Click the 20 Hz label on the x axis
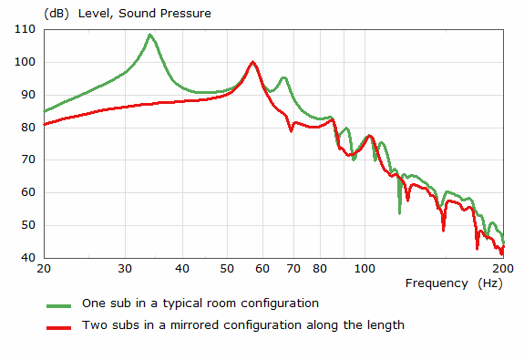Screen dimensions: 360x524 point(44,270)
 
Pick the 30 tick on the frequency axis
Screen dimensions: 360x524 point(125,270)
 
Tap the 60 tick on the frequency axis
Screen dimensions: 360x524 point(262,270)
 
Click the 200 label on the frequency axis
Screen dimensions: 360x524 point(502,270)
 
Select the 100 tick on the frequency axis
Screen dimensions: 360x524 point(365,270)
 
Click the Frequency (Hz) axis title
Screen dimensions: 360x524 point(450,283)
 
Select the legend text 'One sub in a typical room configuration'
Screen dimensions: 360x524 point(200,303)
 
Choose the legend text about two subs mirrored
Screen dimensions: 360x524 point(243,324)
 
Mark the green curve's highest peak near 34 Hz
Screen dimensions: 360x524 point(150,35)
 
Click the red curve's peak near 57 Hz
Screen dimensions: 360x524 point(252,62)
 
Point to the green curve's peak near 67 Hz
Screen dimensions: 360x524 point(283,77)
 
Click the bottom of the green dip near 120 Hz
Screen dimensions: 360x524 point(399,212)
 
